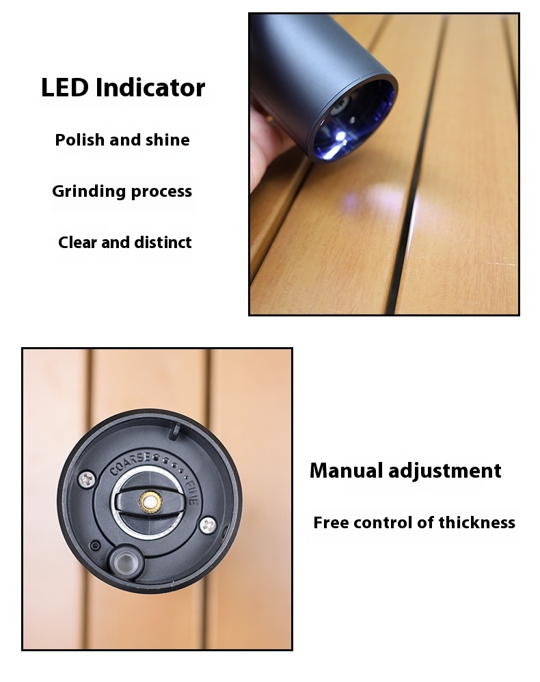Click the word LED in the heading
[66, 87]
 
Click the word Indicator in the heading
[150, 87]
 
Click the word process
[161, 192]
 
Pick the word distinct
[163, 243]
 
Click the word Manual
[346, 471]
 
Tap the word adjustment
[445, 472]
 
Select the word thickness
[477, 522]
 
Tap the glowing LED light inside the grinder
[339, 138]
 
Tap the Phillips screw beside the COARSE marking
[87, 479]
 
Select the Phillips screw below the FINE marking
[208, 525]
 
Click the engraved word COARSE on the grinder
[130, 464]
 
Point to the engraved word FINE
[191, 492]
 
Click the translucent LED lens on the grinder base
[126, 562]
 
